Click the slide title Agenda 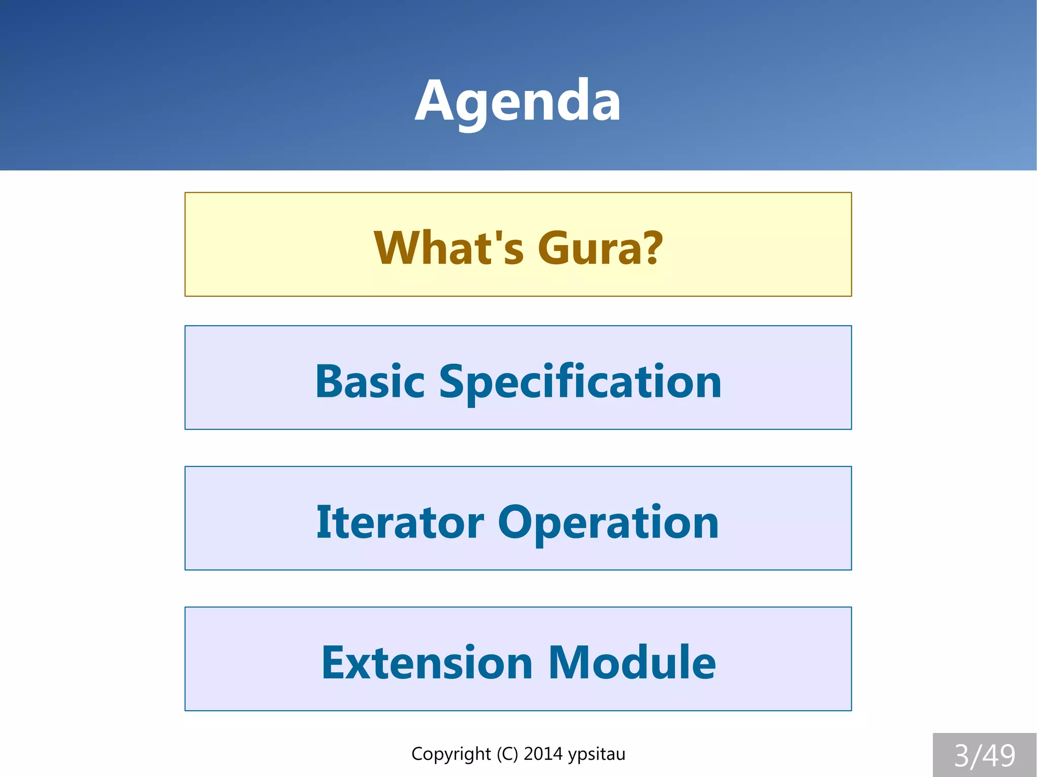click(517, 101)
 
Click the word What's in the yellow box click(449, 248)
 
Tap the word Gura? click(600, 248)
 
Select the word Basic click(370, 382)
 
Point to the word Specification click(580, 383)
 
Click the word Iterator click(400, 522)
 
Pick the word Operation click(608, 523)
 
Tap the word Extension click(427, 663)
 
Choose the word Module click(632, 663)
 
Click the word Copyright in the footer click(451, 754)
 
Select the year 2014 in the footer click(543, 754)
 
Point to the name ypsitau click(596, 754)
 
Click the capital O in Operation click(518, 522)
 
